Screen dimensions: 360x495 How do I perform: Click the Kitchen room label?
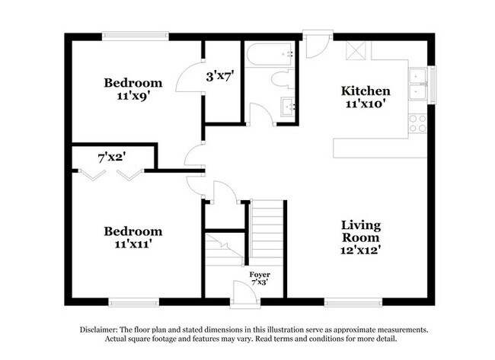(x=365, y=91)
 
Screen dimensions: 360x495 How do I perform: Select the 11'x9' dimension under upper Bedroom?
(x=133, y=97)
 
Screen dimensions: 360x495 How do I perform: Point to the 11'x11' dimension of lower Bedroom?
(x=133, y=245)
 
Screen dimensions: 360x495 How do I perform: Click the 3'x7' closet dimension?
(x=219, y=75)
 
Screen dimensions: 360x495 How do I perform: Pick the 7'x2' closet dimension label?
(x=111, y=158)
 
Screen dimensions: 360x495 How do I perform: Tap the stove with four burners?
(x=417, y=123)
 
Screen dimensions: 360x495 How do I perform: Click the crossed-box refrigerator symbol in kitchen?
(x=356, y=50)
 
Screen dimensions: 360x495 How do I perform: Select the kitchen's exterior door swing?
(x=318, y=45)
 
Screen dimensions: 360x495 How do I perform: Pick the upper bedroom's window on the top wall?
(x=136, y=34)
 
